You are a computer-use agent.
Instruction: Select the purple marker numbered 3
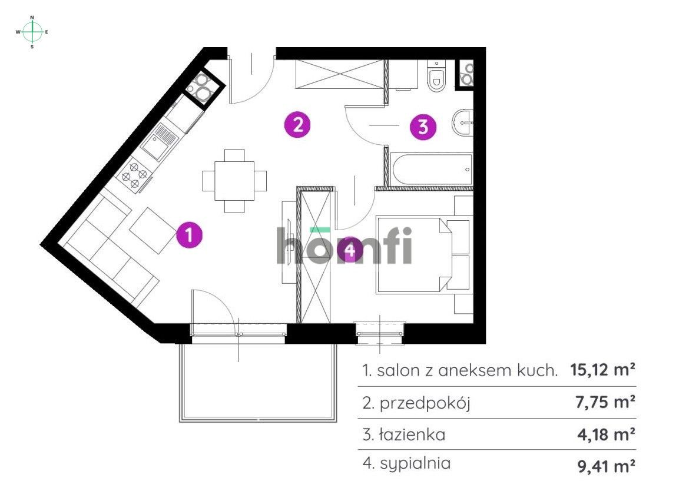(x=423, y=127)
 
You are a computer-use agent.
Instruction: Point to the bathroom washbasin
(x=461, y=123)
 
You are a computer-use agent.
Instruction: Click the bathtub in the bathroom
(x=430, y=170)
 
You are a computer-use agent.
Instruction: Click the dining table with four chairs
(x=234, y=181)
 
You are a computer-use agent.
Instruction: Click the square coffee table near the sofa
(x=152, y=230)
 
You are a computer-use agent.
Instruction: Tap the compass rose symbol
(x=32, y=32)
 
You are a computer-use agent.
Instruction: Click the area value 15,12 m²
(x=602, y=370)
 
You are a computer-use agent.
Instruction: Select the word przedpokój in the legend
(x=425, y=403)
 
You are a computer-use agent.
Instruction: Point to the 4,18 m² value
(x=606, y=434)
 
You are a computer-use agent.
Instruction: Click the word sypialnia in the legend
(x=415, y=464)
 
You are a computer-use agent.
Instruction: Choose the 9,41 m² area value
(x=606, y=466)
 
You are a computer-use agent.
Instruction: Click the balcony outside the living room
(x=258, y=383)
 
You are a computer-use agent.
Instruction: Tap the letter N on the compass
(x=32, y=18)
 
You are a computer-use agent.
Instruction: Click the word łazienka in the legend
(x=412, y=434)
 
